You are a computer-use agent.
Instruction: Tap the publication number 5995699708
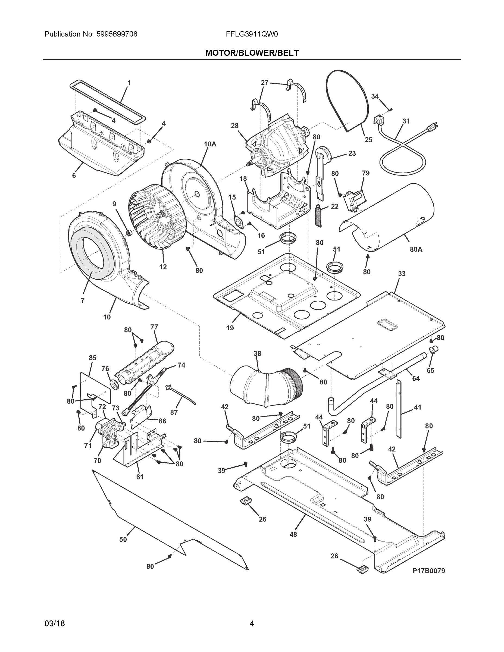[x=117, y=34]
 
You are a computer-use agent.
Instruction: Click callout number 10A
[x=210, y=144]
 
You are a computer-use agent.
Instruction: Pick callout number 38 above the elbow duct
[x=257, y=353]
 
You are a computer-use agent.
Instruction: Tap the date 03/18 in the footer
[x=55, y=623]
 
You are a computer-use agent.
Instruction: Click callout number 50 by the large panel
[x=123, y=539]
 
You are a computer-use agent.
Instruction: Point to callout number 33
[x=402, y=274]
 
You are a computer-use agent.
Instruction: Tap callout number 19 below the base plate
[x=230, y=328]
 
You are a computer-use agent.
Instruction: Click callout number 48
[x=293, y=534]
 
